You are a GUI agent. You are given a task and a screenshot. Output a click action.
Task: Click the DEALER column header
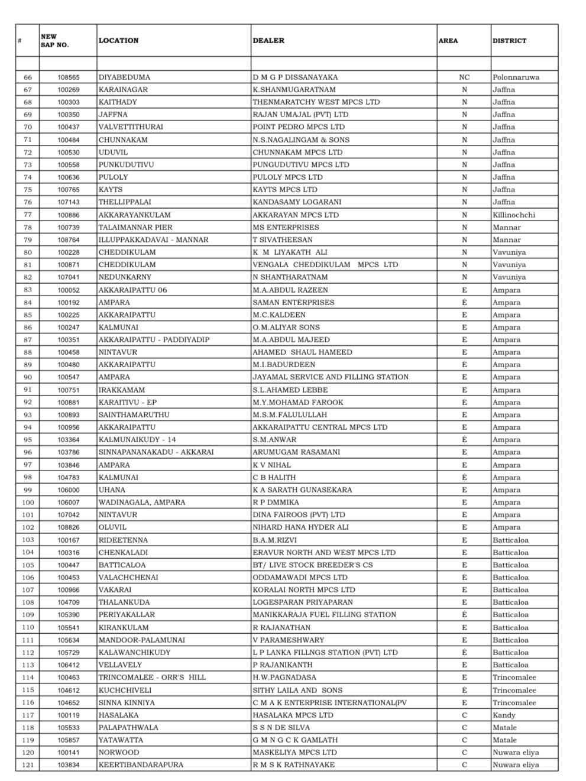pos(268,41)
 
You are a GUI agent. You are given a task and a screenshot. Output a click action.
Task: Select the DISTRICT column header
pos(509,41)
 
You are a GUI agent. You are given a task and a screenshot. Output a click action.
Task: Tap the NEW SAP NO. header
pos(55,41)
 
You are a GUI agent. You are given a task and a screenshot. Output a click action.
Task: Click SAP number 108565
pos(69,77)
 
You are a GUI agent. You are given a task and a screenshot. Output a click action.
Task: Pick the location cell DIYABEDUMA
pos(124,77)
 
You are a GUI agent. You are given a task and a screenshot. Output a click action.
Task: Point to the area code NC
pos(464,77)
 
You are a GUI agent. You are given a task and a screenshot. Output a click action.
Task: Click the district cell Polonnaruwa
pos(516,77)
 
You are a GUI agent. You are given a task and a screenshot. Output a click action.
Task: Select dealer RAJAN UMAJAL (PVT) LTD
pos(300,115)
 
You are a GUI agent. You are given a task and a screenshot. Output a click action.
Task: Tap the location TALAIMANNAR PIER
pos(135,228)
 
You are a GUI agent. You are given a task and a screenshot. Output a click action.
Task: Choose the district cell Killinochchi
pos(514,215)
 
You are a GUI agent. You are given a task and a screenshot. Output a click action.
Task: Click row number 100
pos(28,503)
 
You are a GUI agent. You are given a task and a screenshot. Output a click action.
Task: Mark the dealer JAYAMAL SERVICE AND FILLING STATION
pos(331,377)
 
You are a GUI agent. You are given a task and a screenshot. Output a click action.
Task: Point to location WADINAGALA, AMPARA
pos(142,503)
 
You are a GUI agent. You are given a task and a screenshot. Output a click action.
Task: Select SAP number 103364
pos(69,440)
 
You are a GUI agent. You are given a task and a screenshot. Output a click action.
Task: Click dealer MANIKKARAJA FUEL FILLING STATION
pos(324,615)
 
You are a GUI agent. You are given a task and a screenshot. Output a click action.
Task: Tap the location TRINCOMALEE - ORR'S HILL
pos(152,678)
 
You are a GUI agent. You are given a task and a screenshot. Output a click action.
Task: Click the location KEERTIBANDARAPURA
pos(141,765)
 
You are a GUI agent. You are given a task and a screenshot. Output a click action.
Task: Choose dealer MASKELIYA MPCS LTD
pos(294,753)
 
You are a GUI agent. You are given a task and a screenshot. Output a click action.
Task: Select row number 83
pos(28,290)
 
